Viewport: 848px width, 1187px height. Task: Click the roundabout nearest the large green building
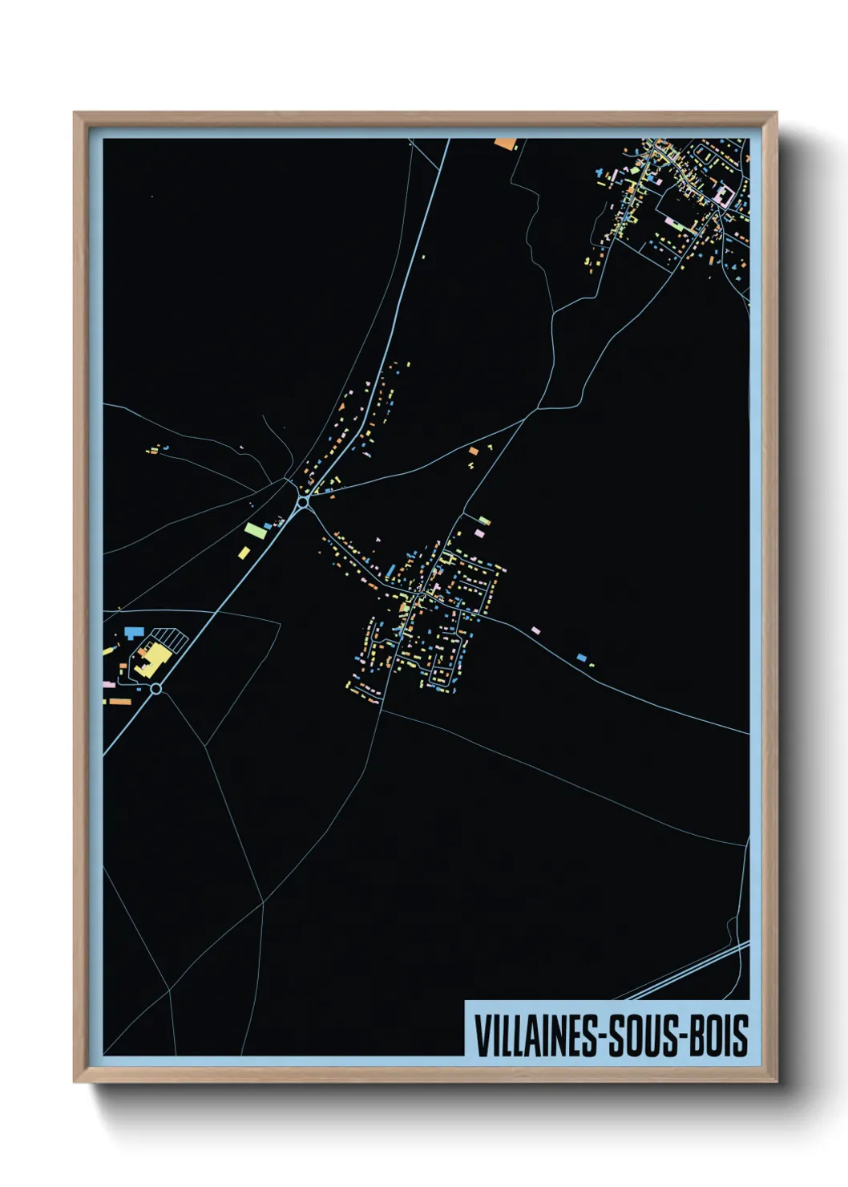[303, 502]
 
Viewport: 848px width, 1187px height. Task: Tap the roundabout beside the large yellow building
[156, 688]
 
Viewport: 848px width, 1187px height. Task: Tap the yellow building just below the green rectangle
[244, 552]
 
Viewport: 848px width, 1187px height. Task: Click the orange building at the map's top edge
[506, 144]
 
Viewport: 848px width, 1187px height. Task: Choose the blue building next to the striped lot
[133, 633]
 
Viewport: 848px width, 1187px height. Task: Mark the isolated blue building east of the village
[582, 658]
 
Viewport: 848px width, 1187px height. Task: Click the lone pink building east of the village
[535, 630]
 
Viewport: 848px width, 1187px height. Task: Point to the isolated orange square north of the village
[473, 452]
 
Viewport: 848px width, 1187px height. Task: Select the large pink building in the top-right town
[724, 195]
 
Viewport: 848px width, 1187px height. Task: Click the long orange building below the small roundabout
[120, 702]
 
